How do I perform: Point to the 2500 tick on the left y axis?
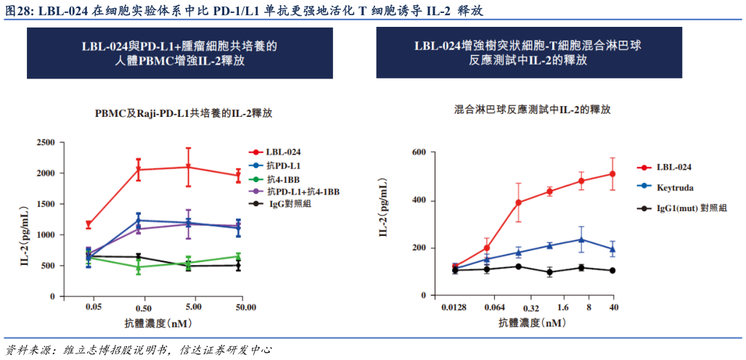(45, 142)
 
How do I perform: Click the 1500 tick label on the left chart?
(45, 205)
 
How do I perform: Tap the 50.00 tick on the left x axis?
(245, 308)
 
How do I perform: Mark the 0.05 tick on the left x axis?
(94, 308)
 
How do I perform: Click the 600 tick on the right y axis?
(418, 152)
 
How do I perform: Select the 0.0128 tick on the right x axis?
(454, 308)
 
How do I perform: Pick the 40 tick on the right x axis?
(612, 308)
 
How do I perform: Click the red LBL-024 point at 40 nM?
(612, 173)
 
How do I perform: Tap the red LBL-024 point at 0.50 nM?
(139, 170)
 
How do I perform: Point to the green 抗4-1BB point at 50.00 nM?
(239, 256)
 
